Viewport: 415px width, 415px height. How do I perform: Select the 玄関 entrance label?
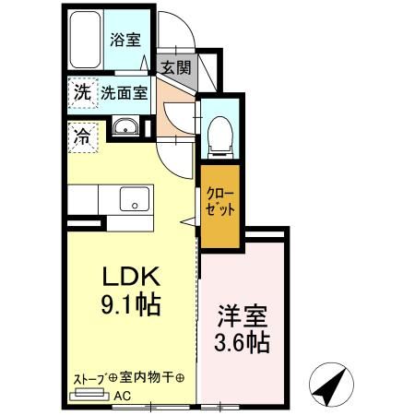[x=175, y=67]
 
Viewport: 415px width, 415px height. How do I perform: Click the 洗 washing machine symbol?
[x=81, y=92]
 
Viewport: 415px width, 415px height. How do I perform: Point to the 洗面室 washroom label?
[x=124, y=92]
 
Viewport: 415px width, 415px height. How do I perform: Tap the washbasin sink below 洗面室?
[x=126, y=127]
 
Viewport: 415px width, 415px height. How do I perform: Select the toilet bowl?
[x=219, y=136]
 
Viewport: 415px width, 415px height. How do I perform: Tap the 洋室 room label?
[x=243, y=318]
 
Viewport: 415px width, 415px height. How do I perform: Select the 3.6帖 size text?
[x=243, y=344]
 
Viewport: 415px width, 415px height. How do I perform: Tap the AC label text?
[x=121, y=394]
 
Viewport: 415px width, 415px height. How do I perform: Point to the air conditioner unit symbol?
[x=89, y=394]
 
